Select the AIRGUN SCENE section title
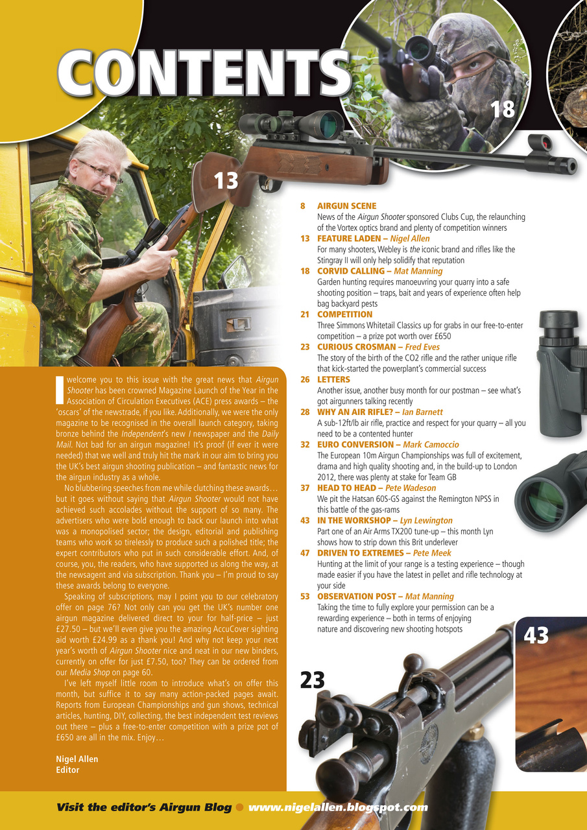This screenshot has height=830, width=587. pos(346,206)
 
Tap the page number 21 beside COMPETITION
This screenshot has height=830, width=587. pos(305,314)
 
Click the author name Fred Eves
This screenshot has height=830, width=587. pos(422,347)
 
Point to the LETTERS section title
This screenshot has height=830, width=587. pos(333,379)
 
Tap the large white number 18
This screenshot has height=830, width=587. pos(502,109)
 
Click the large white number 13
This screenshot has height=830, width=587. pos(227,180)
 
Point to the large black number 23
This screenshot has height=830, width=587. pos(312,680)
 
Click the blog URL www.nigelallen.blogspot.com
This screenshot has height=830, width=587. pos(338,807)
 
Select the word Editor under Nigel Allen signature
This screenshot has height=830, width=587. pos(68,770)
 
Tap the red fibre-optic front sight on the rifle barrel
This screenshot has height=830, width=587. pos(538,142)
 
